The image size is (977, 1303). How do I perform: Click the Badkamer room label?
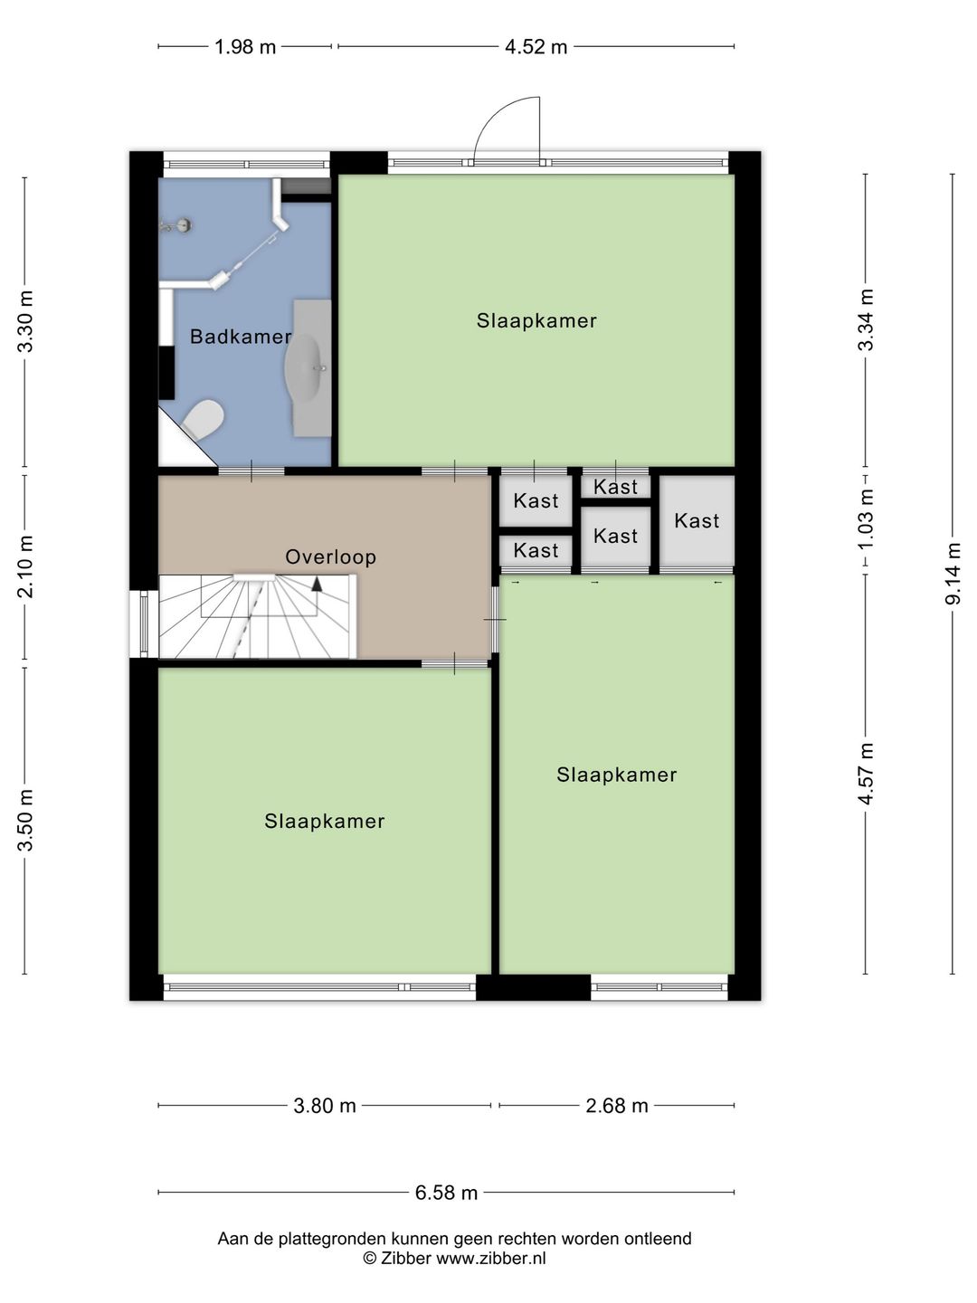pyautogui.click(x=240, y=337)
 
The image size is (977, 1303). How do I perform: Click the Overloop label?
pyautogui.click(x=330, y=557)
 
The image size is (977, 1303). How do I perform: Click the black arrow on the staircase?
pyautogui.click(x=317, y=584)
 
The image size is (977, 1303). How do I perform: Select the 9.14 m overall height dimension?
pyautogui.click(x=953, y=574)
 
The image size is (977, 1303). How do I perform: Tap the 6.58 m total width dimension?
pyautogui.click(x=446, y=1193)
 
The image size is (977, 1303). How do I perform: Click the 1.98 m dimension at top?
pyautogui.click(x=245, y=47)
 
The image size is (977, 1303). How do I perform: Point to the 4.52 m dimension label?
pyautogui.click(x=536, y=47)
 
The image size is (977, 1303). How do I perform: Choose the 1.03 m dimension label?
pyautogui.click(x=866, y=519)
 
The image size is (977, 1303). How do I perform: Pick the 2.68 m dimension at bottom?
pyautogui.click(x=617, y=1106)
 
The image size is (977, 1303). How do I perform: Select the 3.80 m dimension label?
pyautogui.click(x=325, y=1106)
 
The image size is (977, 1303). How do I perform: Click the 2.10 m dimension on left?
pyautogui.click(x=25, y=566)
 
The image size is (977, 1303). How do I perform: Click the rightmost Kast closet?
pyautogui.click(x=697, y=521)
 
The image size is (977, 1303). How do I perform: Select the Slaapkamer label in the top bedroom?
pyautogui.click(x=536, y=321)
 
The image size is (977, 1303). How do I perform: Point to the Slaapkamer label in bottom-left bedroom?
pyautogui.click(x=325, y=822)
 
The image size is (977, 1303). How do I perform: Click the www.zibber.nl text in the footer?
pyautogui.click(x=491, y=1259)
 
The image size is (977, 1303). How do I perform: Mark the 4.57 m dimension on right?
pyautogui.click(x=866, y=774)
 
